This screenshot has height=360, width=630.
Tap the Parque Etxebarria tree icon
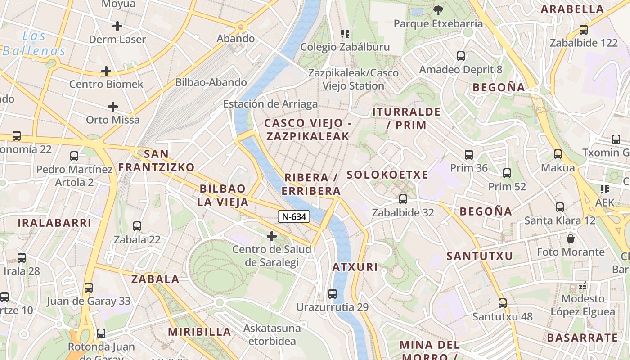[438, 10]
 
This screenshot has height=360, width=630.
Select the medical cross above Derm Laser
[117, 26]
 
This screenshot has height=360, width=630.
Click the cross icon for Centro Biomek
[106, 71]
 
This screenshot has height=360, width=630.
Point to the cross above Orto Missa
[113, 107]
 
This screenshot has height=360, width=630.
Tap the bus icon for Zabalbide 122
[584, 30]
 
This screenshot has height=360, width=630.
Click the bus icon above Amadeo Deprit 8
[461, 56]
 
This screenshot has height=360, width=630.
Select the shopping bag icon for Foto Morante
[571, 238]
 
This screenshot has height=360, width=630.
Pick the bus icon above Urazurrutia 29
[333, 294]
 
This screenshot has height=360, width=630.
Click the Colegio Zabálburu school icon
[345, 33]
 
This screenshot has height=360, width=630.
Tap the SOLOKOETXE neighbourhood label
[387, 175]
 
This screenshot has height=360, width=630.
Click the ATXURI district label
[355, 267]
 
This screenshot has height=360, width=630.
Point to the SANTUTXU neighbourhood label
[480, 256]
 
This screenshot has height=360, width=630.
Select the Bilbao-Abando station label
[211, 82]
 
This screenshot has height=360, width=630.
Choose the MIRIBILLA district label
[199, 332]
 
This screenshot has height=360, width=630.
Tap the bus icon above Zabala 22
[137, 226]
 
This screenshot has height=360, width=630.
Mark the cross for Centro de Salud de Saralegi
[272, 236]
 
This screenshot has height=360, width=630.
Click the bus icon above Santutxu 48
[503, 303]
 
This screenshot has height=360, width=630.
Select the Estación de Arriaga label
[270, 104]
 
